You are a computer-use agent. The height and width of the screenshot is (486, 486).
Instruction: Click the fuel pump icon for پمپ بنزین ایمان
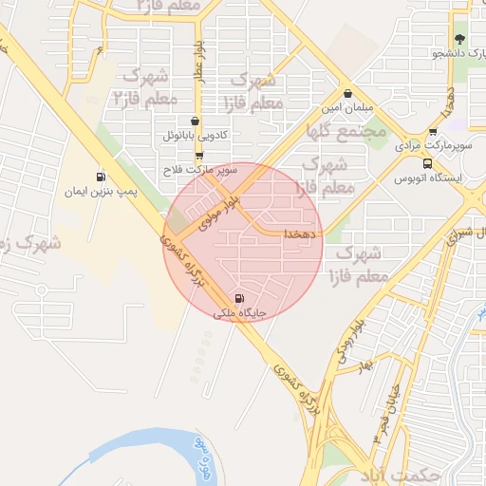tap(100, 178)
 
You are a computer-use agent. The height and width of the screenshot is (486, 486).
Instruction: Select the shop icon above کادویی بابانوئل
tap(195, 121)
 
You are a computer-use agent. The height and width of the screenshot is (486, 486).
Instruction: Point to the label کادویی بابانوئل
tap(195, 137)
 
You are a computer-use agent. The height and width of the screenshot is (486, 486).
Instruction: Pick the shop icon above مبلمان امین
tap(348, 95)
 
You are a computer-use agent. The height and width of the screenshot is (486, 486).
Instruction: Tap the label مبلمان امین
tap(348, 110)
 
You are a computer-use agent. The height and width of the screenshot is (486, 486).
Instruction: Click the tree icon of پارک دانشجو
tap(459, 39)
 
